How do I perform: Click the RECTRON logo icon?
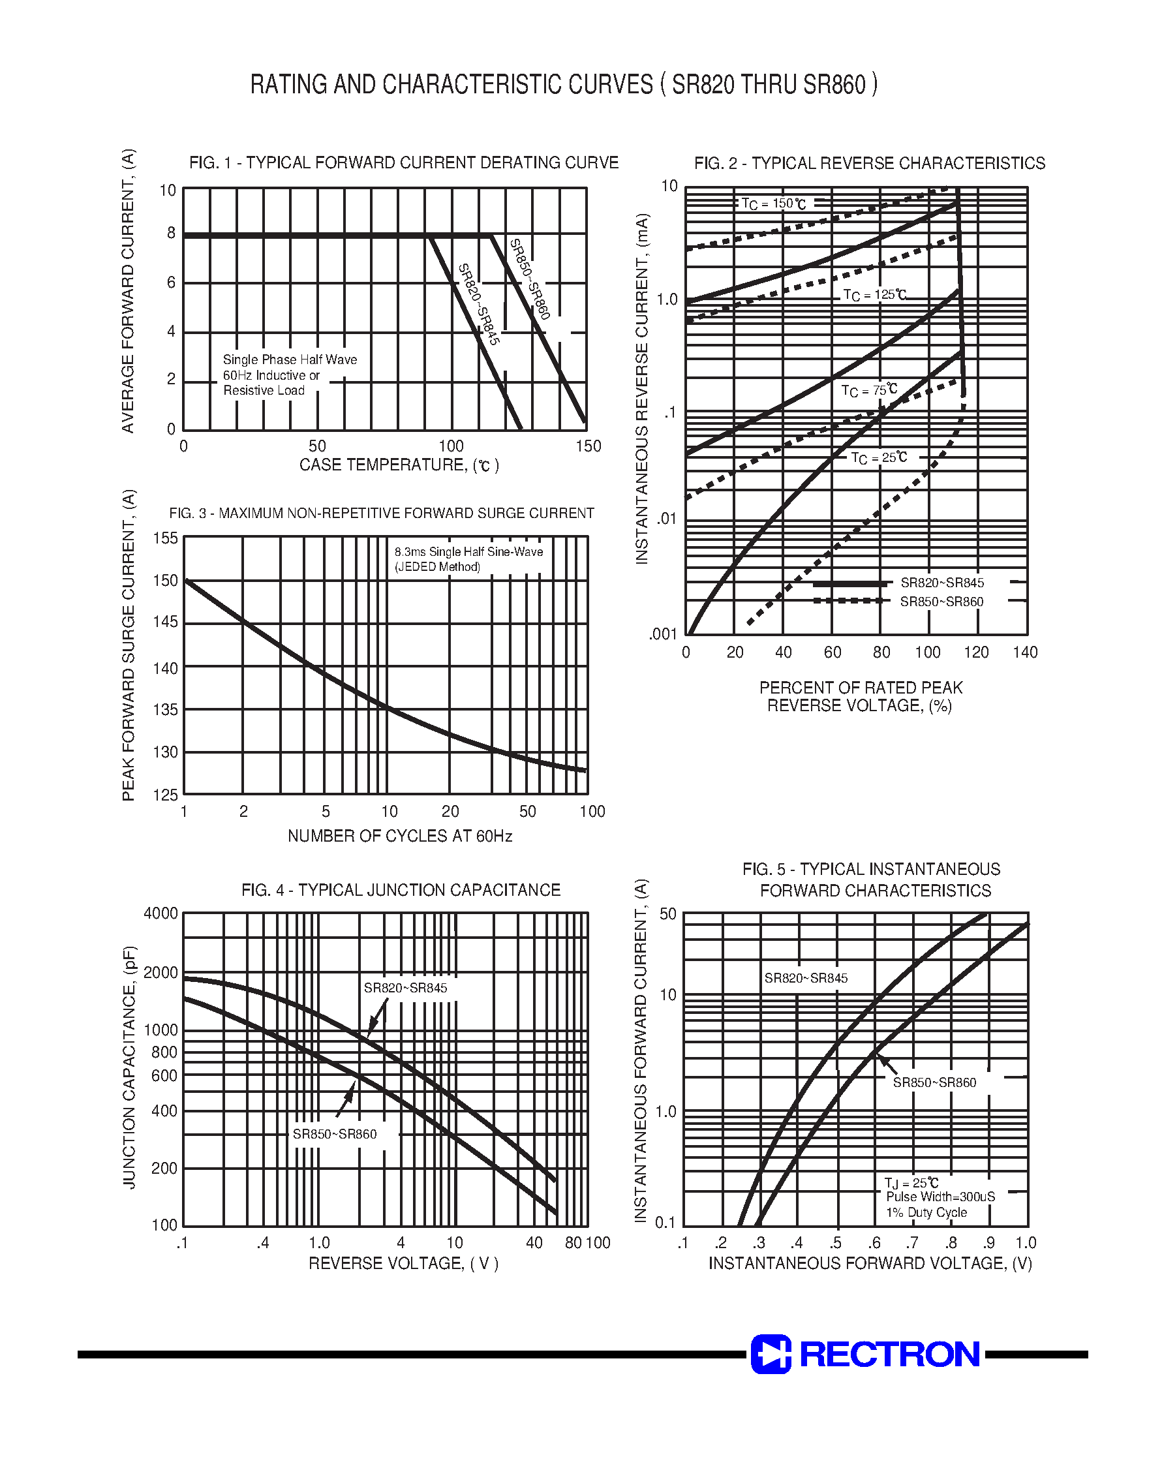point(770,1354)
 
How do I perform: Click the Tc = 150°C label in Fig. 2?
point(774,204)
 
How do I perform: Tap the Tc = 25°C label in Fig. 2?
point(878,458)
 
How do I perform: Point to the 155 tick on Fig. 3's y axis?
point(165,538)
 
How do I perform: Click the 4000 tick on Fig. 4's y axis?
point(161,913)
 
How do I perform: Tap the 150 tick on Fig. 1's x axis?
point(589,446)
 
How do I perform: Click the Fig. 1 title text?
point(403,162)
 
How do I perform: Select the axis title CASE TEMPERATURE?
point(399,465)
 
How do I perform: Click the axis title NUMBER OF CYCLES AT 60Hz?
point(400,836)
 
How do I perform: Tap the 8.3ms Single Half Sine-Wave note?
point(468,552)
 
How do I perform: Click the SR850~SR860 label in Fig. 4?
point(335,1134)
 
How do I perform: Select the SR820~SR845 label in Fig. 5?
point(806,978)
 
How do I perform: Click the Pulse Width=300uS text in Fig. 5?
point(940,1197)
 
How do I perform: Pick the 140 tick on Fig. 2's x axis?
point(1024,652)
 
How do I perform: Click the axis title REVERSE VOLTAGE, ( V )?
point(403,1263)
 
